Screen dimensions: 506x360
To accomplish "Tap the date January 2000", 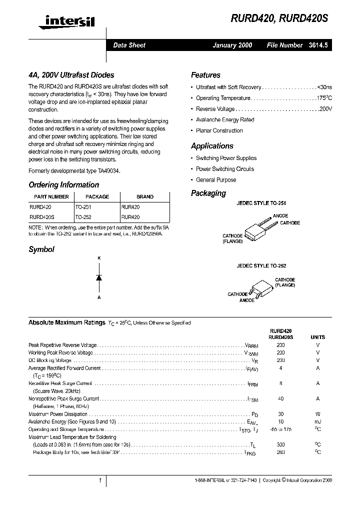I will [232, 45].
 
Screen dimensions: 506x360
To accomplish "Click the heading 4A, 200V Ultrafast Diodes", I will [71, 75].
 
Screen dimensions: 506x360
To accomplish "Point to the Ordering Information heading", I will [63, 184].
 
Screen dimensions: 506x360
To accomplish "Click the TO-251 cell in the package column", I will [83, 206].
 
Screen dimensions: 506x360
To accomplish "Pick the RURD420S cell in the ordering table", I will [42, 217].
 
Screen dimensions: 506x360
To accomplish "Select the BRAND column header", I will [145, 196].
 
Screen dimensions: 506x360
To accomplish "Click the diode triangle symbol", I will [99, 277].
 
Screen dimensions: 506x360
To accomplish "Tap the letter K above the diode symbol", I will [99, 257].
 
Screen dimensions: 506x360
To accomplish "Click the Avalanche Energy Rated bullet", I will [225, 120].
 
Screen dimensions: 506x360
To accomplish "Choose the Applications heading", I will [212, 146].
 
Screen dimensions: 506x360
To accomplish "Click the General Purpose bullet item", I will [216, 180].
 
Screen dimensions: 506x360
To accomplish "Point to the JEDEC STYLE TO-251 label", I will [261, 204].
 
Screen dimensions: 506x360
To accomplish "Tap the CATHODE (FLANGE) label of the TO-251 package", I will [232, 238].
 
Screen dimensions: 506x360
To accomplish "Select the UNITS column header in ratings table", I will [317, 337].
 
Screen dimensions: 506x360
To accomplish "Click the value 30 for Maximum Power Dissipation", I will [280, 414].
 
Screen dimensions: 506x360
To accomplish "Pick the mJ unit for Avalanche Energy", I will [317, 421].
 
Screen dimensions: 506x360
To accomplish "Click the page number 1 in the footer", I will [100, 480].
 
